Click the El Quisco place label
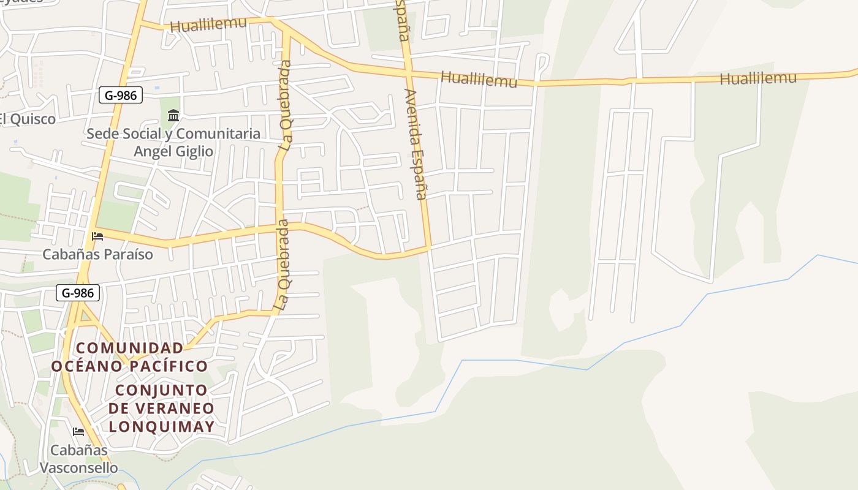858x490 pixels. click(27, 119)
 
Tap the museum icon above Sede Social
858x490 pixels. click(173, 115)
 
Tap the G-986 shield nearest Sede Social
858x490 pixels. click(121, 95)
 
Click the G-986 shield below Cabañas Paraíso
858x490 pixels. click(78, 293)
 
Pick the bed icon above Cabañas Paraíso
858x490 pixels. click(97, 236)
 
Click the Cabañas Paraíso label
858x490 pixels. click(97, 254)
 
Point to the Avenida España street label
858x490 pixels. click(415, 145)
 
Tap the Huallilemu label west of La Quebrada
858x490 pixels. click(208, 24)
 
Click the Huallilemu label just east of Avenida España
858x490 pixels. click(479, 79)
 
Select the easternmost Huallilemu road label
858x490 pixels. click(758, 78)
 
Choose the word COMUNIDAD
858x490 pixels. click(129, 349)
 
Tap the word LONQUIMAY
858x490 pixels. click(162, 426)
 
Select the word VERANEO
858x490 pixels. click(181, 408)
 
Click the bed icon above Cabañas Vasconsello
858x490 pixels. click(78, 432)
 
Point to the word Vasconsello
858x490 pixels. click(78, 468)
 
